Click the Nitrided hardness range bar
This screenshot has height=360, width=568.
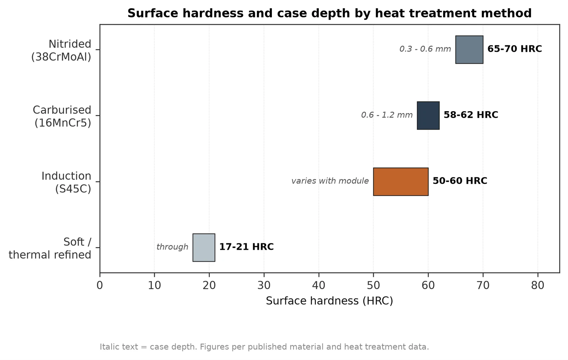click(469, 50)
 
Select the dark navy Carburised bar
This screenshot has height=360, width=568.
click(428, 116)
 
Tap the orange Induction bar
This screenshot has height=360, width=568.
click(401, 181)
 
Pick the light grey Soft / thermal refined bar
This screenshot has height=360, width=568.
click(204, 247)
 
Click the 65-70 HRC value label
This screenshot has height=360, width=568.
click(514, 49)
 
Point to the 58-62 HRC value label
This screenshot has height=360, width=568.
click(471, 115)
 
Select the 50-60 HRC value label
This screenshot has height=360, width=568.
click(460, 181)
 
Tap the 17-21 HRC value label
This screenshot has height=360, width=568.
click(246, 247)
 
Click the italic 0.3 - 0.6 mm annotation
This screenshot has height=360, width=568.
click(425, 49)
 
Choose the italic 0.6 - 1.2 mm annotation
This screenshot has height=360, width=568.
click(387, 115)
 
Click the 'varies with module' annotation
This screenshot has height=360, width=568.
click(330, 181)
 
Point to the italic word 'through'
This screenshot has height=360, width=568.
click(173, 247)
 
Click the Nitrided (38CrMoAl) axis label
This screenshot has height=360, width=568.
click(61, 50)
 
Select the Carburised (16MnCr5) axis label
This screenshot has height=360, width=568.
click(62, 116)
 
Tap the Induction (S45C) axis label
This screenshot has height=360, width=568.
click(66, 182)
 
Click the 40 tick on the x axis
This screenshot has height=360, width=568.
click(319, 285)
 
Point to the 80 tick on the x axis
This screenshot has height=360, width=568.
click(538, 285)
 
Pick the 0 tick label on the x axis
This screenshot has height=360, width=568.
click(100, 285)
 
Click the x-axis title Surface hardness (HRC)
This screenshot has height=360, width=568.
click(329, 301)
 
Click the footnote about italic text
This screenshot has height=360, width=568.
click(264, 347)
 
